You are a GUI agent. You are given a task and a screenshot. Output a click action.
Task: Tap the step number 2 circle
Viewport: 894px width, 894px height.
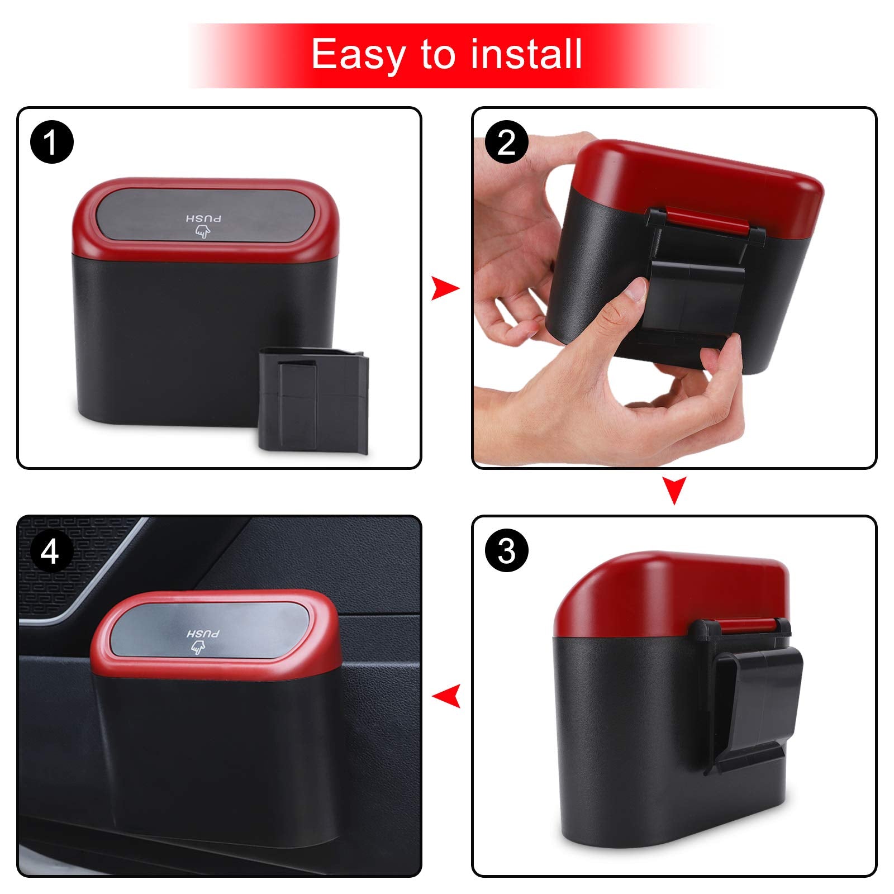tap(506, 142)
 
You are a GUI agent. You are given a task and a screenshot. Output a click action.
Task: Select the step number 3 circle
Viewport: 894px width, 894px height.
tap(506, 551)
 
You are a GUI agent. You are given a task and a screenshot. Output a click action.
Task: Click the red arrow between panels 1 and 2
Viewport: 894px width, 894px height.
tap(445, 289)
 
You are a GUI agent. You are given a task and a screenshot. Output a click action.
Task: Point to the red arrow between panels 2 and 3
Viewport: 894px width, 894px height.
tap(674, 490)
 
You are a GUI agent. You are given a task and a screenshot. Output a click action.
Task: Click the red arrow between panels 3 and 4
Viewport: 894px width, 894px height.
tap(446, 696)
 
